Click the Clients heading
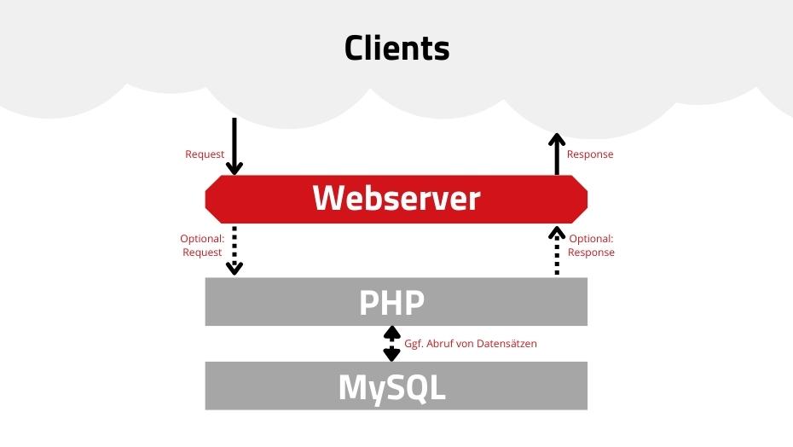click(396, 48)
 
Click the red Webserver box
click(396, 199)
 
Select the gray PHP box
click(396, 301)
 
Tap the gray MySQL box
click(396, 386)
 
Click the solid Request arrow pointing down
click(234, 145)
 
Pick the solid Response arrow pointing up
click(557, 154)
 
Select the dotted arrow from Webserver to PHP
click(234, 249)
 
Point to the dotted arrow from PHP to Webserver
click(557, 250)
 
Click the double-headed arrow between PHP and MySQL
click(391, 343)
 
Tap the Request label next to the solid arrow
click(205, 154)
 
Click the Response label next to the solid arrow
click(590, 154)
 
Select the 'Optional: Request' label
click(202, 246)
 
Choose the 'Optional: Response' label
click(591, 246)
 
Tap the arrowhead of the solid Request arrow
click(234, 167)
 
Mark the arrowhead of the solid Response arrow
click(557, 139)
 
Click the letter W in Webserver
click(328, 199)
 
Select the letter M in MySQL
click(356, 386)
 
